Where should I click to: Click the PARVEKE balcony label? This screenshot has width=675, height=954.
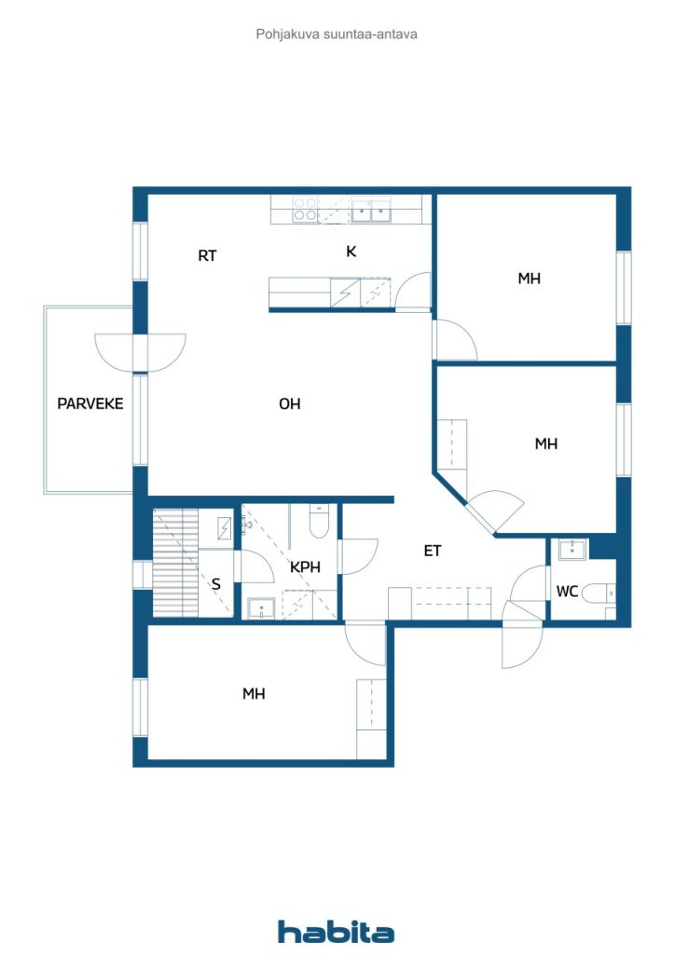click(90, 404)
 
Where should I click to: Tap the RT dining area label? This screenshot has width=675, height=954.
click(207, 255)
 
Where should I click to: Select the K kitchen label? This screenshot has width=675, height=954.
click(351, 252)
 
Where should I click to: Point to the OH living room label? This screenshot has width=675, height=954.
click(290, 404)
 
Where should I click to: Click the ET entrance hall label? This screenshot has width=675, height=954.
click(433, 551)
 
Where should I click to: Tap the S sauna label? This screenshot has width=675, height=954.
click(216, 585)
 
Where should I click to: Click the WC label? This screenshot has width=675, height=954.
click(567, 592)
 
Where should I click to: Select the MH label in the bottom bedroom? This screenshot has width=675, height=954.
click(254, 694)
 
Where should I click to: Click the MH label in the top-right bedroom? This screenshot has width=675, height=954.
click(530, 279)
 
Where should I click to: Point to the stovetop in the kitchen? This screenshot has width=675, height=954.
click(305, 209)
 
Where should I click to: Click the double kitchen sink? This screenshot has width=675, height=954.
click(371, 211)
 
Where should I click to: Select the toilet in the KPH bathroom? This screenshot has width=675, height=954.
click(317, 523)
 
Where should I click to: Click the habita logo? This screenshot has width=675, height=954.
click(337, 932)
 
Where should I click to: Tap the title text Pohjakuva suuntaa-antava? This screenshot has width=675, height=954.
click(337, 34)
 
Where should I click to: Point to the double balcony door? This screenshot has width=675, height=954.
click(140, 352)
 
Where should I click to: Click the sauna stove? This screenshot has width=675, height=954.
click(225, 527)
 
